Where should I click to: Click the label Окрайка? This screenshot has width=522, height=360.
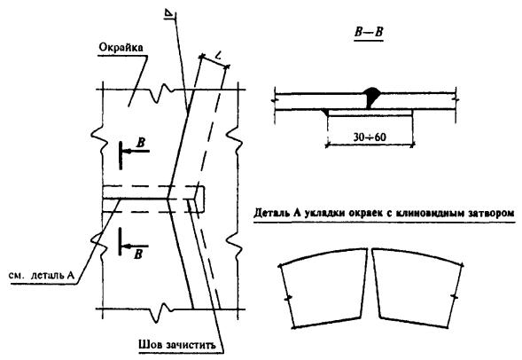click(121, 47)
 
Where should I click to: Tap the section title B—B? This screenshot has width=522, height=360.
click(369, 32)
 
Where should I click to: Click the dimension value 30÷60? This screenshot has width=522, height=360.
click(370, 137)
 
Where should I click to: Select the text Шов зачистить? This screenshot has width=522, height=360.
click(177, 344)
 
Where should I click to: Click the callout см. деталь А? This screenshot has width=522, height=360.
click(42, 276)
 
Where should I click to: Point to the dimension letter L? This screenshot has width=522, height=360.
click(218, 55)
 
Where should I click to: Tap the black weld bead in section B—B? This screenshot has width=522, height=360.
click(371, 97)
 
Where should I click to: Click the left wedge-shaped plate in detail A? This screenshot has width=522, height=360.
click(323, 288)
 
